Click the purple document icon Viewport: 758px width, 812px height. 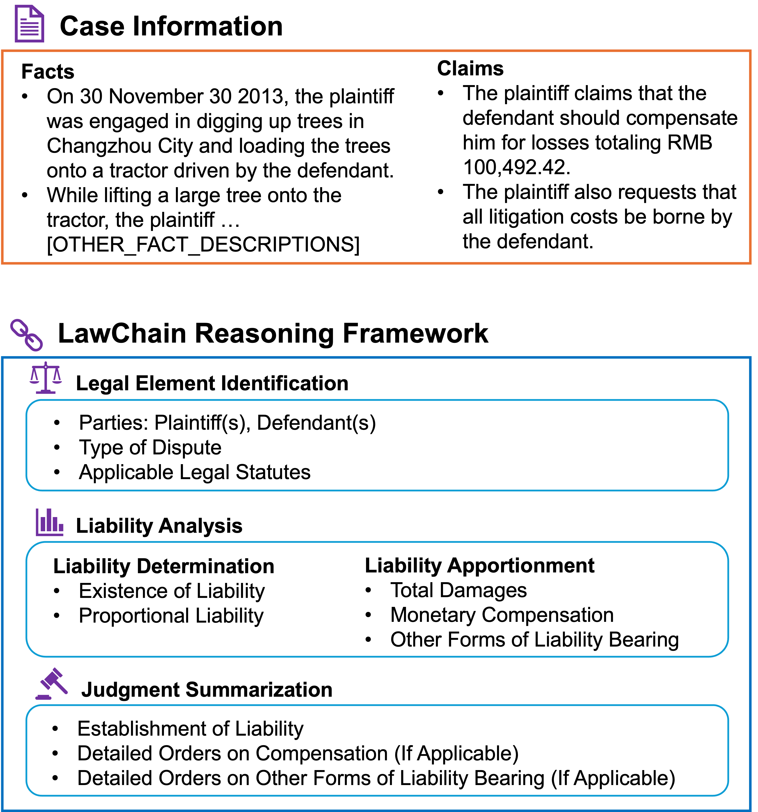[29, 24]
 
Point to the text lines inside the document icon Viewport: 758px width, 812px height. [29, 29]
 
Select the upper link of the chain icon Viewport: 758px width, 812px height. [19, 328]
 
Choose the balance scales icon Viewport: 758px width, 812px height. [46, 378]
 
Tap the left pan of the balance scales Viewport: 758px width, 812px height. [34, 382]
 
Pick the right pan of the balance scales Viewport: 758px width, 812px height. [57, 382]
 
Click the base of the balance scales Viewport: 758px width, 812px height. [46, 392]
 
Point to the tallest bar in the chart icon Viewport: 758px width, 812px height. [49, 520]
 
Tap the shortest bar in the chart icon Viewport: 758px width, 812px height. [61, 527]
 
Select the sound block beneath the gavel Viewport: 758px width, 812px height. [43, 698]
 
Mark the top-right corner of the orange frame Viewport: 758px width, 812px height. [750, 51]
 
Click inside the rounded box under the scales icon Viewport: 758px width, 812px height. [377, 445]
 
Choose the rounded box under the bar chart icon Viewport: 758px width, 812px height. [377, 599]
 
